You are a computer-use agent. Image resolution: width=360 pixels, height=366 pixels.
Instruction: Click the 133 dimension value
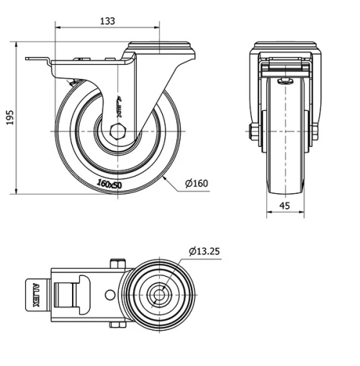click(x=107, y=21)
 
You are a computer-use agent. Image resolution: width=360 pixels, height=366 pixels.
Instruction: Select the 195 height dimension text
click(x=9, y=117)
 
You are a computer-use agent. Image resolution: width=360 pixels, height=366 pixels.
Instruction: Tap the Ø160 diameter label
click(x=197, y=184)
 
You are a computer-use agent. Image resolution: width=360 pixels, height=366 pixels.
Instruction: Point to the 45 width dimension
click(x=286, y=206)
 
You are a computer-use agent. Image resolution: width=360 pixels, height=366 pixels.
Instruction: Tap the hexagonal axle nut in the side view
click(x=119, y=132)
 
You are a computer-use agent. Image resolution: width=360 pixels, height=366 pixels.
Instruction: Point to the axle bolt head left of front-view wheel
click(x=253, y=132)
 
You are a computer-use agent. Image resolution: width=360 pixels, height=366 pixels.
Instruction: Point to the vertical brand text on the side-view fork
click(x=120, y=108)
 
